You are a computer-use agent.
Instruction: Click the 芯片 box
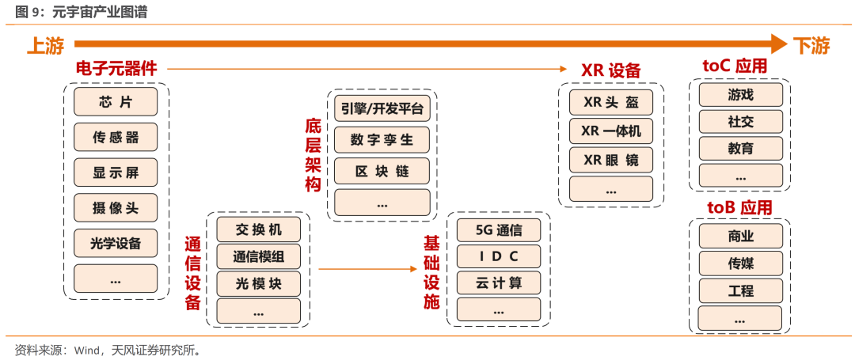click(116, 102)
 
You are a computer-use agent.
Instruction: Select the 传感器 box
click(116, 137)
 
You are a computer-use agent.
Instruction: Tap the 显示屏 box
click(116, 172)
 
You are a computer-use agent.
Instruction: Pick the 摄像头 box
click(116, 208)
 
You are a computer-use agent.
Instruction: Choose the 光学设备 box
click(116, 243)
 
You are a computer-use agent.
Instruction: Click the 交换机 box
click(258, 230)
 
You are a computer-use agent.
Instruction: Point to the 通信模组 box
click(258, 256)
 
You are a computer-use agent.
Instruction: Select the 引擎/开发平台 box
click(382, 109)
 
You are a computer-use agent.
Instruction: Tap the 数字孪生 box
click(382, 140)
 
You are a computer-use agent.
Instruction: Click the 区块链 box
click(382, 171)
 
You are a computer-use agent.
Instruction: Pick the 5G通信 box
click(499, 230)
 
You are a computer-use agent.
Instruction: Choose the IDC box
click(499, 256)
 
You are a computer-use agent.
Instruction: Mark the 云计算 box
click(499, 282)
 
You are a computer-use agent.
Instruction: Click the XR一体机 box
click(611, 131)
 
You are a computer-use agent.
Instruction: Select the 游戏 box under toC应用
click(740, 95)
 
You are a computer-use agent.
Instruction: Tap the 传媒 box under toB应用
click(740, 263)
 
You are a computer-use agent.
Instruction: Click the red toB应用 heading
click(739, 208)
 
